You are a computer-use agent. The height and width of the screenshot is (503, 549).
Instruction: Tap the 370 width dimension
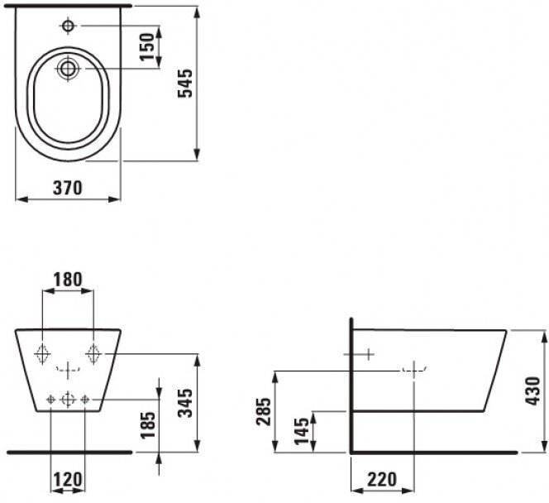tap(68, 188)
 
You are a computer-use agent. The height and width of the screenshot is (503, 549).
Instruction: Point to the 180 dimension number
tap(68, 280)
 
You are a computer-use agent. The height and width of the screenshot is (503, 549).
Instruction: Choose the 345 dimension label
tap(186, 404)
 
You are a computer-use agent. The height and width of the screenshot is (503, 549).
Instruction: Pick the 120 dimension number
tap(68, 481)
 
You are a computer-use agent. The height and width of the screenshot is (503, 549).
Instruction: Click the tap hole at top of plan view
tap(67, 26)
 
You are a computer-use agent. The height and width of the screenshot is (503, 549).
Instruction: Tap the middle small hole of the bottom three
tap(68, 400)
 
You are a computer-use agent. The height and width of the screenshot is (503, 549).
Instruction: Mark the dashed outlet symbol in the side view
tap(413, 369)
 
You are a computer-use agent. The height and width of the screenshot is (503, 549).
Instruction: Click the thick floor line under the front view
tap(68, 453)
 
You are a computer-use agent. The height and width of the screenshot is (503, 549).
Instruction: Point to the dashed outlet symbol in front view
tap(68, 367)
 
